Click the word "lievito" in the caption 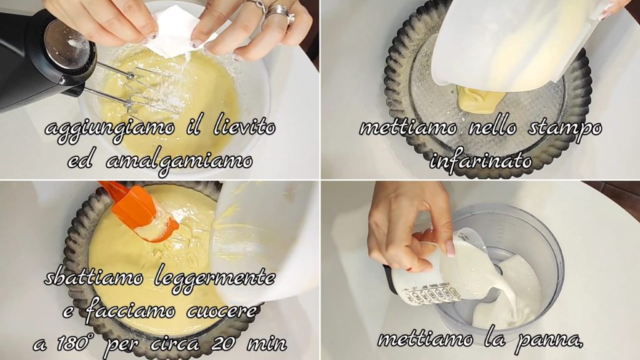(244, 127)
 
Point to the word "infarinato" (481, 161)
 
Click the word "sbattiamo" (94, 278)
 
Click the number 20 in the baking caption (222, 344)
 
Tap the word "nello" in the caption (492, 128)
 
